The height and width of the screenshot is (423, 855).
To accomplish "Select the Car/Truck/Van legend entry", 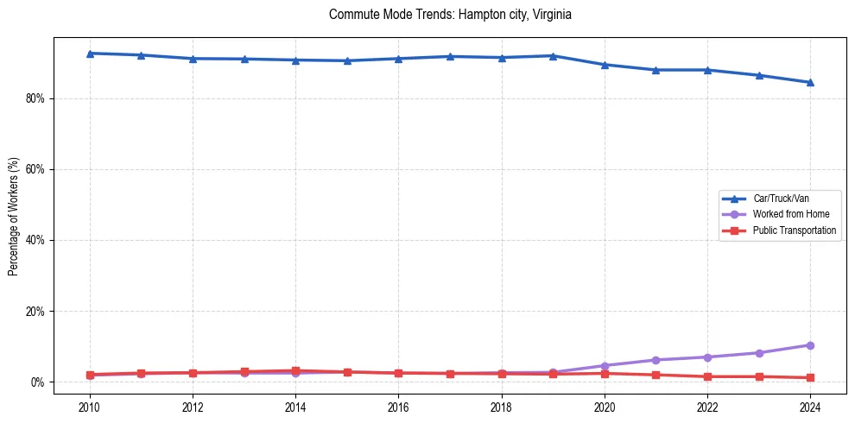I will click(x=781, y=199).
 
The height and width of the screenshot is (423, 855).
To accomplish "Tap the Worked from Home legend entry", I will click(x=790, y=214).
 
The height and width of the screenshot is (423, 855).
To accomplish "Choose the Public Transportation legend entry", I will click(x=794, y=230).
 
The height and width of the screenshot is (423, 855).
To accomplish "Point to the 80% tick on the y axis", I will click(x=35, y=98).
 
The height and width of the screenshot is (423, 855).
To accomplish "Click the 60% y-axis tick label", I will click(x=35, y=169).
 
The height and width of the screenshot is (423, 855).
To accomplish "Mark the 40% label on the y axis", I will click(x=35, y=240).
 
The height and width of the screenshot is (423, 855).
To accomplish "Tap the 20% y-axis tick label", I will click(x=35, y=311).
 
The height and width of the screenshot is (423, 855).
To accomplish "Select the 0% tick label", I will click(x=38, y=382).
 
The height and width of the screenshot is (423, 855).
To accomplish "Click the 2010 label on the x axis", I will click(x=90, y=406).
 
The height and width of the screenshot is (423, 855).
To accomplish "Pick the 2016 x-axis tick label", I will click(x=398, y=406).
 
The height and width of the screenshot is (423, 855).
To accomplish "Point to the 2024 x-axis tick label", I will click(x=810, y=406).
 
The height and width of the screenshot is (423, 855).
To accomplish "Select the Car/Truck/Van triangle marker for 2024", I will click(x=810, y=82).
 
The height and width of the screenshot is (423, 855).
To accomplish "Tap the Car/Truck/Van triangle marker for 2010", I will click(x=90, y=54).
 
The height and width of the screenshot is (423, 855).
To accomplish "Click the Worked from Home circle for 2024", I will click(x=810, y=345).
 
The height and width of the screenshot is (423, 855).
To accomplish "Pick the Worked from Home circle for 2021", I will click(x=655, y=360).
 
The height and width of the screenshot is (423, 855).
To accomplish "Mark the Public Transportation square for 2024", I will click(x=810, y=377).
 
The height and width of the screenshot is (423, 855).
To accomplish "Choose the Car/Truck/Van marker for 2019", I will click(x=553, y=56).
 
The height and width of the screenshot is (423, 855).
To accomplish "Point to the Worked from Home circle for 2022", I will click(x=707, y=357).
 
